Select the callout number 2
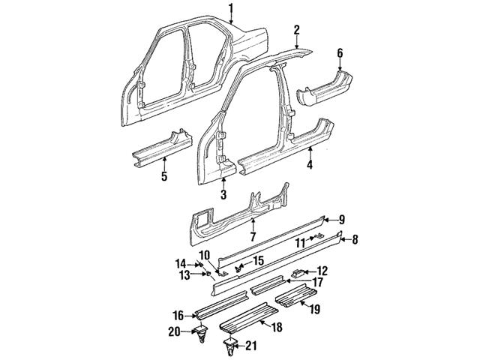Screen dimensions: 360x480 tap(297, 29)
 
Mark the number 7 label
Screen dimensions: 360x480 tap(253, 236)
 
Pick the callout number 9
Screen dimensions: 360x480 tap(341, 220)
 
